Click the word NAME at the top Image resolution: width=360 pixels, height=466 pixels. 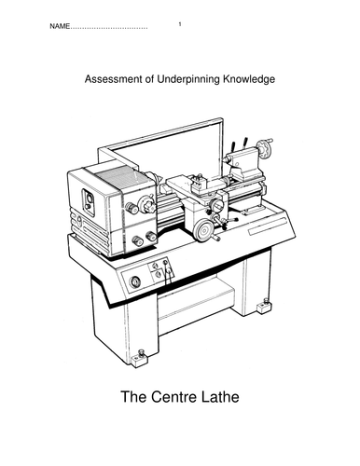[60, 26]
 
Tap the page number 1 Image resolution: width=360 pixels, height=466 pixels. [180, 24]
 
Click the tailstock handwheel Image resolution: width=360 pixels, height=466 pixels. [265, 148]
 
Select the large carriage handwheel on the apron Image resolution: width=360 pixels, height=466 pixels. [202, 230]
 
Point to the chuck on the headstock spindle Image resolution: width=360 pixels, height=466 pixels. [148, 205]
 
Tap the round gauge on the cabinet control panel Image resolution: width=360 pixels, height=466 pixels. [135, 281]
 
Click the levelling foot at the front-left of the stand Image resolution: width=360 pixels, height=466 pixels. [139, 359]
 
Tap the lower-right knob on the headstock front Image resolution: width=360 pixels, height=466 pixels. [151, 237]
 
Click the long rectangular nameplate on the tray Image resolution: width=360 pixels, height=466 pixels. [267, 226]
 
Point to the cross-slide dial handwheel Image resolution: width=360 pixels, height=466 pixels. [216, 204]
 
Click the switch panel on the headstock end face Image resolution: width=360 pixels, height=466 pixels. [88, 201]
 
